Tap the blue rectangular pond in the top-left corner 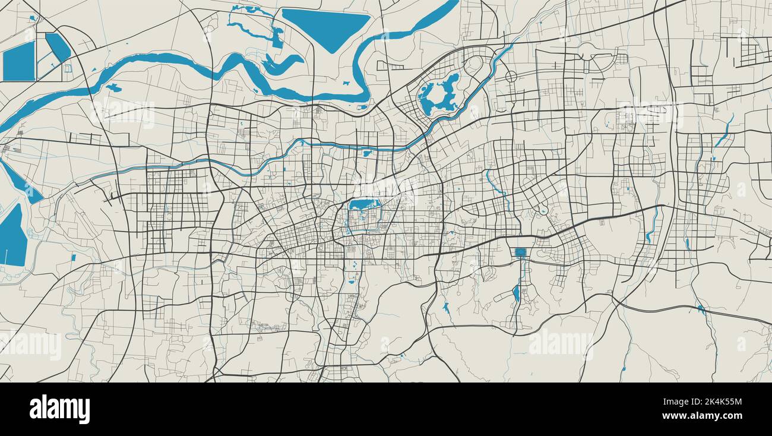pyautogui.click(x=19, y=62)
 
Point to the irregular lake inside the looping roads pyautogui.click(x=439, y=95)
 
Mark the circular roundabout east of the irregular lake pyautogui.click(x=511, y=77)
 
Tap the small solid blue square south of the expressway pyautogui.click(x=521, y=252)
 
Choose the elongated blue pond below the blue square pyautogui.click(x=515, y=293)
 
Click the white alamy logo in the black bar pyautogui.click(x=59, y=409)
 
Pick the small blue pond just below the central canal pyautogui.click(x=367, y=153)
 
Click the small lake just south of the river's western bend pyautogui.click(x=113, y=88)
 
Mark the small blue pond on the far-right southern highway pyautogui.click(x=701, y=309)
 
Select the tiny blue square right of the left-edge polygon pyautogui.click(x=73, y=257)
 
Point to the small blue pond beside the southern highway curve pyautogui.click(x=445, y=307)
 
